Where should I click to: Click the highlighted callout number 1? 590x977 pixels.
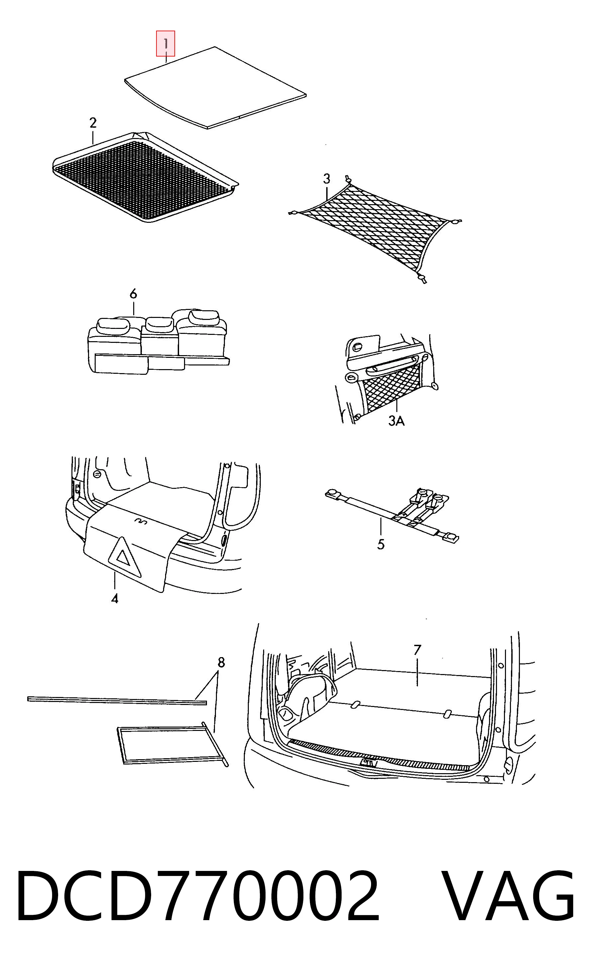(x=166, y=43)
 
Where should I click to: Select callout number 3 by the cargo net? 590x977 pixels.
(x=326, y=179)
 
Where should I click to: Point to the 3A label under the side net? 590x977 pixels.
(x=396, y=421)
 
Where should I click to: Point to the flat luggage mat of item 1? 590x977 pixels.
(x=216, y=88)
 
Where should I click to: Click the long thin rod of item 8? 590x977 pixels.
(x=117, y=701)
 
